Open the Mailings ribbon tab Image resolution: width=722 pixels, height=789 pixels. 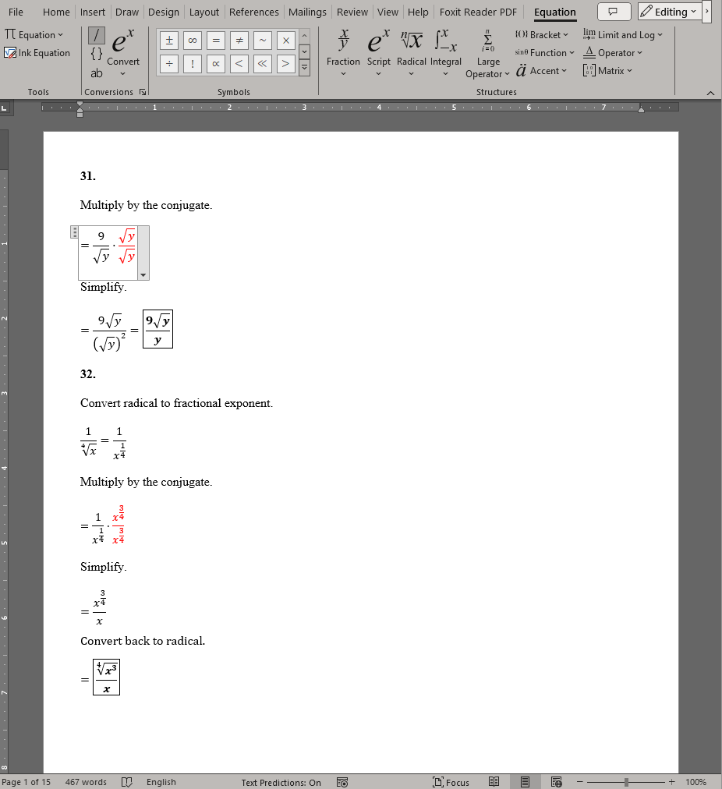coord(307,12)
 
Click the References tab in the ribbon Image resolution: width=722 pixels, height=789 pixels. coord(253,12)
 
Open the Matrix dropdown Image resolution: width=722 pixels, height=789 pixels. coord(607,70)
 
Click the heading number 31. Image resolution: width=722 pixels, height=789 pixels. coord(87,176)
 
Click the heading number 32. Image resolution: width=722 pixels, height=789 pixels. coord(87,374)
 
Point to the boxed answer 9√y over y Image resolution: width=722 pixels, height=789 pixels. coord(157,329)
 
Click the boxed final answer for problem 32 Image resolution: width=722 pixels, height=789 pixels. coord(106,678)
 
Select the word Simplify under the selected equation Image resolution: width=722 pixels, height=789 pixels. coord(103,287)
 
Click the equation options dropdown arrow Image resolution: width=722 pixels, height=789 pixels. coord(143,275)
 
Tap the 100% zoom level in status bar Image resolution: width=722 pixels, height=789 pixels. coord(695,782)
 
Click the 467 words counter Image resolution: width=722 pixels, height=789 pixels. coord(86,782)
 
